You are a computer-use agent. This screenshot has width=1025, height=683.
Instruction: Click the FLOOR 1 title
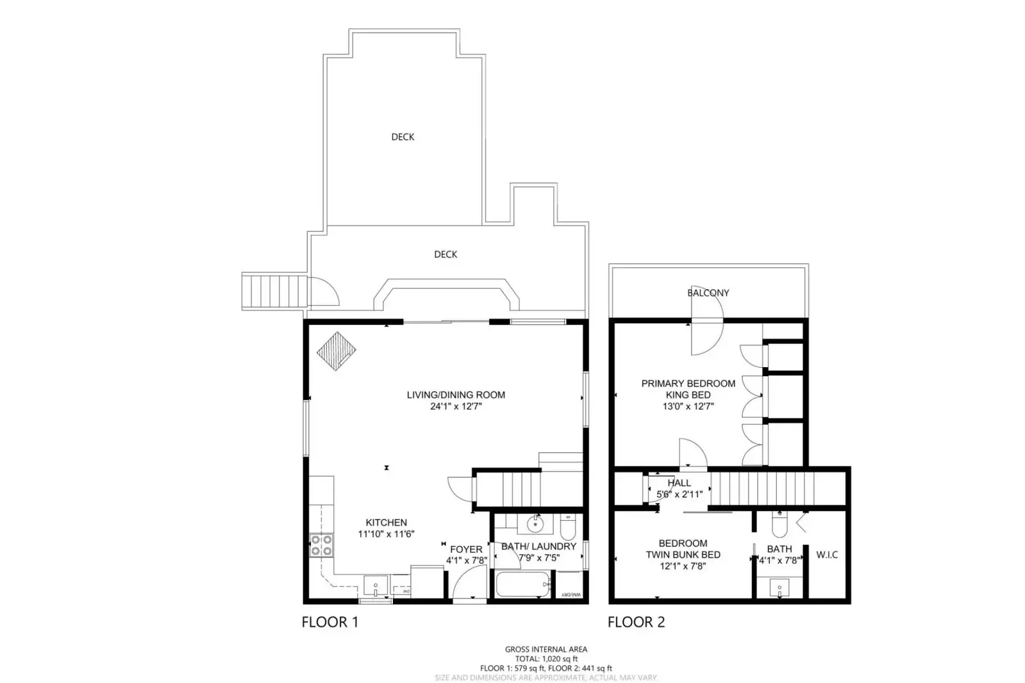coord(330,621)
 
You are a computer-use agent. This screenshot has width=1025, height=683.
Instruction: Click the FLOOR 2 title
coord(636,621)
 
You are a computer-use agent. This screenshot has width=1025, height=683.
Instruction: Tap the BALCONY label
coord(708,293)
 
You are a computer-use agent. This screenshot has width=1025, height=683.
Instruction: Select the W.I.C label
coord(827,555)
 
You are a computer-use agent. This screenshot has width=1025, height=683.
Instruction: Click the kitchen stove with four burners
coord(322,545)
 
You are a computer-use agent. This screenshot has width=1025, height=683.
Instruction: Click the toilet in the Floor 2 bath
coord(779,527)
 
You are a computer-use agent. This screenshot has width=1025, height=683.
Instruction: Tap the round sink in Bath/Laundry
coord(535,525)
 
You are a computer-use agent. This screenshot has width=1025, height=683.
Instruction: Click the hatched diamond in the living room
coord(336,352)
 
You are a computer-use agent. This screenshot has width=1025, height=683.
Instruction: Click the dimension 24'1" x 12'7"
coord(456,406)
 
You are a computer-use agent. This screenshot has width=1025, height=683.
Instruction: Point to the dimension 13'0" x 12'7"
coord(688,406)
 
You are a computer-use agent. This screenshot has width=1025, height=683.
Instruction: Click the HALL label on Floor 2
coord(679,483)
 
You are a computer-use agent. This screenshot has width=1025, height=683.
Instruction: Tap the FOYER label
coord(466,549)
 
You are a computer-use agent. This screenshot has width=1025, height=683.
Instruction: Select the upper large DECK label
coord(403,137)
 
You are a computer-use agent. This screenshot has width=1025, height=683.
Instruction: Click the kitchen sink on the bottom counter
coord(375,585)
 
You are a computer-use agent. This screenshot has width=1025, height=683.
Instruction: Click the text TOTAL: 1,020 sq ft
coord(546,659)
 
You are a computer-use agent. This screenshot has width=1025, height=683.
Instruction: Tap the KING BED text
coord(688,395)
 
